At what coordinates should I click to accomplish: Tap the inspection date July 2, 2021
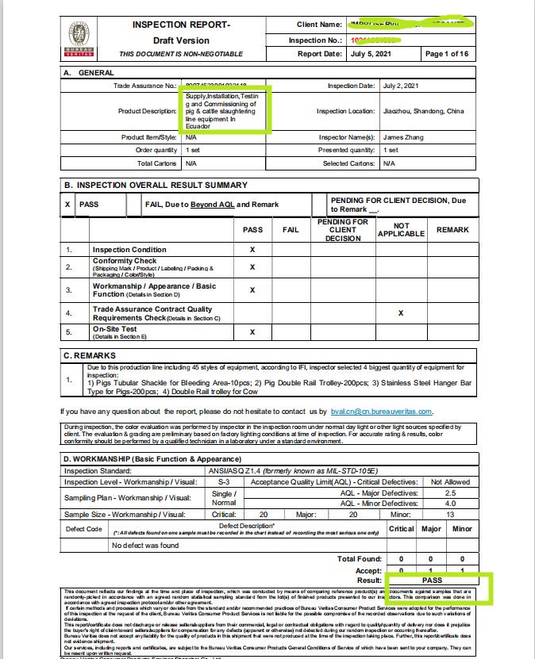[x=402, y=85]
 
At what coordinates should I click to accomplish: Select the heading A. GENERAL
[x=88, y=72]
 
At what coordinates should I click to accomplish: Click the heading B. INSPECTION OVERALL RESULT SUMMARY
[x=156, y=185]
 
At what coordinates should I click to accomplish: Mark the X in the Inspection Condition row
[x=252, y=249]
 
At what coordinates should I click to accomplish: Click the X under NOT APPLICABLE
[x=401, y=313]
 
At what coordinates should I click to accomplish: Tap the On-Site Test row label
[x=115, y=329]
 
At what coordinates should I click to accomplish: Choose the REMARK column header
[x=452, y=230]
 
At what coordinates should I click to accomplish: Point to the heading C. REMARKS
[x=90, y=356]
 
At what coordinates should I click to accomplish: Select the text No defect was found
[x=146, y=545]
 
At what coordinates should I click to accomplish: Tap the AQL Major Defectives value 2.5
[x=449, y=492]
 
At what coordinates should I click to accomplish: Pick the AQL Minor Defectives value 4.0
[x=449, y=504]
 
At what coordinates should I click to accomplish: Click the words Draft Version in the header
[x=182, y=40]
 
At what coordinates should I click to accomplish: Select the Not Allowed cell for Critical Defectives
[x=450, y=481]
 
